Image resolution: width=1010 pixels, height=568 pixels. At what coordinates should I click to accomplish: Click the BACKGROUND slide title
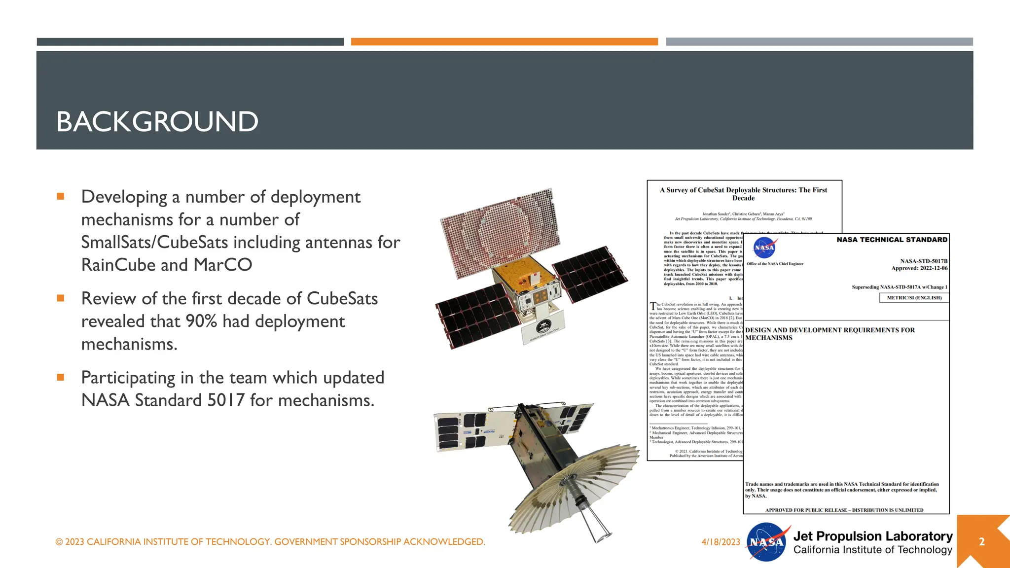point(157,122)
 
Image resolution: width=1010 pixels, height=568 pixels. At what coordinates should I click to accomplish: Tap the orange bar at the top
point(504,42)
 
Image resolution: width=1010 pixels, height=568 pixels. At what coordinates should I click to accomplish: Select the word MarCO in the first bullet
point(222,265)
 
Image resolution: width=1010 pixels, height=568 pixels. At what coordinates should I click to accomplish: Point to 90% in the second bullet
point(201,321)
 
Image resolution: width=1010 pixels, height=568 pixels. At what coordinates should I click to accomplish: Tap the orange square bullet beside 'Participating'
point(61,378)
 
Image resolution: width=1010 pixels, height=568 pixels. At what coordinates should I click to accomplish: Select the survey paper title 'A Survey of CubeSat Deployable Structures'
point(743,194)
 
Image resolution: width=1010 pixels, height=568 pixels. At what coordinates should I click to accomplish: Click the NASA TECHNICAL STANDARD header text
point(892,240)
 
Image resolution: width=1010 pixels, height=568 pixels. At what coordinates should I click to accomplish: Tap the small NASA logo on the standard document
point(764,248)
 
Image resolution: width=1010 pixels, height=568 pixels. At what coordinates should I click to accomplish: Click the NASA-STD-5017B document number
point(924,261)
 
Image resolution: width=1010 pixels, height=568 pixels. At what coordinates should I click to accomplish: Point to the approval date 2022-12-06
point(934,268)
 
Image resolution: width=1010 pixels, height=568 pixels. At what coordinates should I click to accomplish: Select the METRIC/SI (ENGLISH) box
point(914,298)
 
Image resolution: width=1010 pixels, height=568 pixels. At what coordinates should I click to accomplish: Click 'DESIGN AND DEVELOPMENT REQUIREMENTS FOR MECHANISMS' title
point(830,334)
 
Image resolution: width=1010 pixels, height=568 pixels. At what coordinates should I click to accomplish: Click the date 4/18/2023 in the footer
point(721,542)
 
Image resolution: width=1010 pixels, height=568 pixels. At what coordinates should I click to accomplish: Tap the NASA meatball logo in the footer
point(766,542)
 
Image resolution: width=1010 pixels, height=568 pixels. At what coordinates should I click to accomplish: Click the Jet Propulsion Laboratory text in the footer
point(872,536)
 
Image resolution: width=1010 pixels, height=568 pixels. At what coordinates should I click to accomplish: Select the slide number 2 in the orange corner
point(981,542)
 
